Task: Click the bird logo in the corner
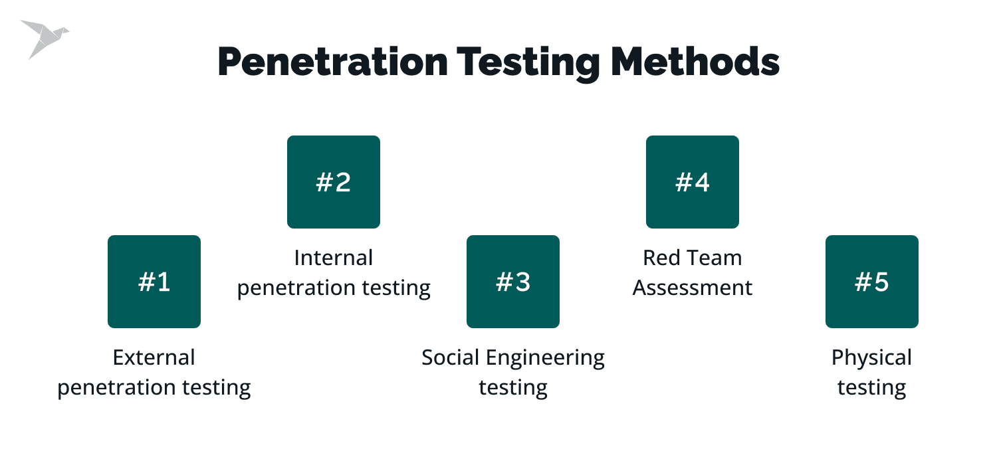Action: (44, 37)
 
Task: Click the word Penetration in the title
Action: (333, 62)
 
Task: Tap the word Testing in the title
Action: (529, 64)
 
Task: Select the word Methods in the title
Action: (695, 62)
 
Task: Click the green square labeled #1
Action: (154, 282)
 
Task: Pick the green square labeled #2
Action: (334, 182)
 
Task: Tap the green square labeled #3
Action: (512, 282)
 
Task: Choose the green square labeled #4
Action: (693, 182)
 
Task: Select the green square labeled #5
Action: (872, 282)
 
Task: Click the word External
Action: (154, 357)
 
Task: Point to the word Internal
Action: (334, 258)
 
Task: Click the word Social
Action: (451, 357)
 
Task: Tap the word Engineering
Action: (545, 359)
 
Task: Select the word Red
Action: (658, 258)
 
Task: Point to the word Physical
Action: (872, 359)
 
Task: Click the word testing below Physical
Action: (872, 388)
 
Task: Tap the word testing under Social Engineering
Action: (512, 388)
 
